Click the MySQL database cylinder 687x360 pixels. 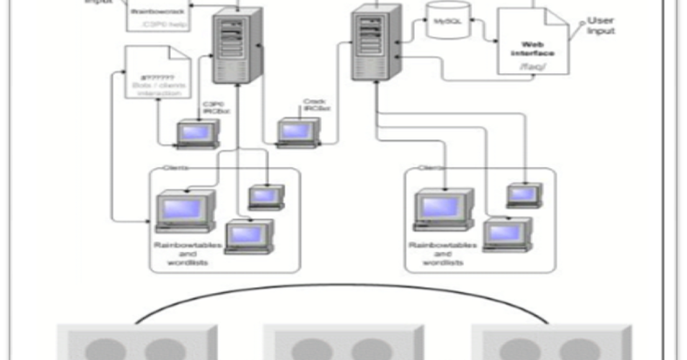pos(448,21)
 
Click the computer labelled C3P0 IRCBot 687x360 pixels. pos(193,133)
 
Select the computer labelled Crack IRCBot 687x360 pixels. pos(294,132)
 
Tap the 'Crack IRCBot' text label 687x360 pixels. pos(314,105)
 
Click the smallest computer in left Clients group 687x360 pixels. pos(265,196)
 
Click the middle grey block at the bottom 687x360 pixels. pos(343,343)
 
